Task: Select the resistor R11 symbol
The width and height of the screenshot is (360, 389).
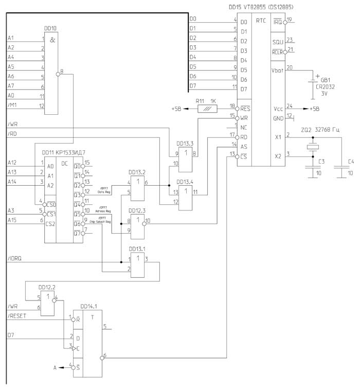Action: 207,109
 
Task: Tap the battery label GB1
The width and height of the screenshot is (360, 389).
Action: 326,80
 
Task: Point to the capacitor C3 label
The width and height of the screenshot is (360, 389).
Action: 321,162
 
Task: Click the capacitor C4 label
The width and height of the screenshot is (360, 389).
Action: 351,162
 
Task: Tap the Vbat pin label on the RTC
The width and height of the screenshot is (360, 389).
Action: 278,70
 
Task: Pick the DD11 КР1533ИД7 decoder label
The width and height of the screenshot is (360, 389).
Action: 64,153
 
